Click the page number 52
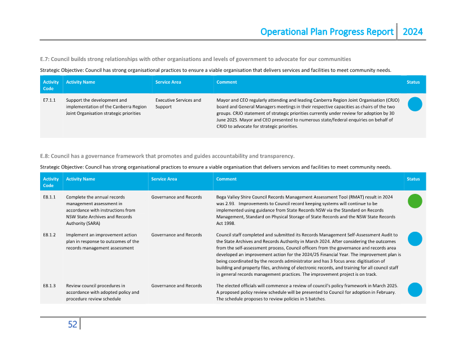72,324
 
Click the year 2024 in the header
412,32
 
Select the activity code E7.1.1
49,100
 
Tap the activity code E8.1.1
49,197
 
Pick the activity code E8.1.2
49,235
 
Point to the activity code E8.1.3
49,286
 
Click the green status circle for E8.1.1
415,201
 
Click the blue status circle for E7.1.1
415,104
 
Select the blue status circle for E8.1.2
415,238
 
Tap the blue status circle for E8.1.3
415,289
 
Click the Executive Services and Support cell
178,103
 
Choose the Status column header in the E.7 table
413,82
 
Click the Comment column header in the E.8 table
227,179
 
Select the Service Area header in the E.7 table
168,82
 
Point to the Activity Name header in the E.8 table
80,179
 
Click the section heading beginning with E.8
167,156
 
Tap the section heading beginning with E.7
195,59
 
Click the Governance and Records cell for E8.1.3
176,286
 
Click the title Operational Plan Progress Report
327,32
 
